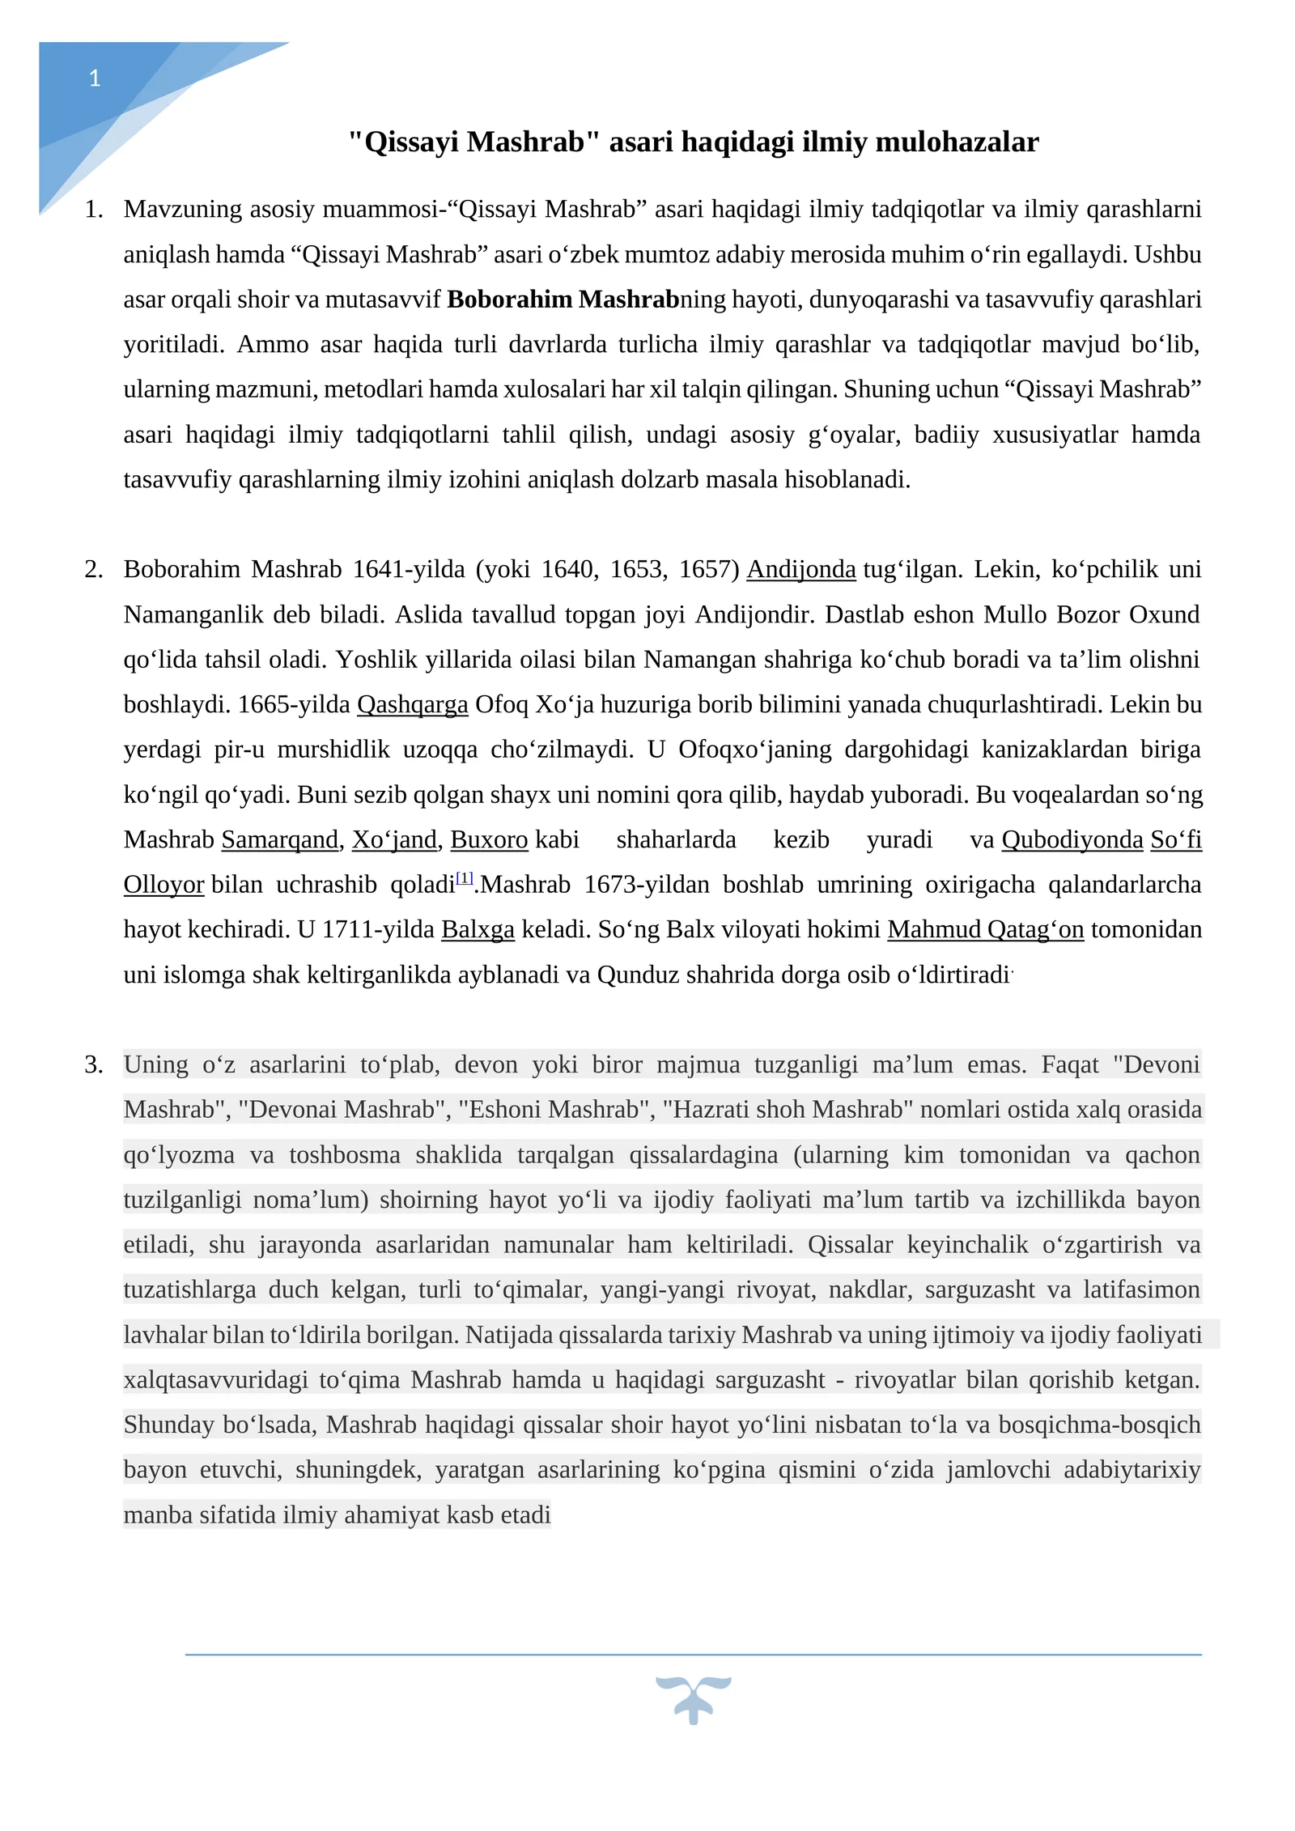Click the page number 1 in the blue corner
95,79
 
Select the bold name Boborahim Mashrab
563,300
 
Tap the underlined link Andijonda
800,570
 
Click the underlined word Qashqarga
412,704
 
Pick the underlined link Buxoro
489,839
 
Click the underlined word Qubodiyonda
1072,839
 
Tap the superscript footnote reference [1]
465,877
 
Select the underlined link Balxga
478,929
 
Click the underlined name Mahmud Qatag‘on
985,929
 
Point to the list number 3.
94,1064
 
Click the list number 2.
94,570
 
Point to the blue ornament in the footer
693,1699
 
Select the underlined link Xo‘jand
394,839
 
